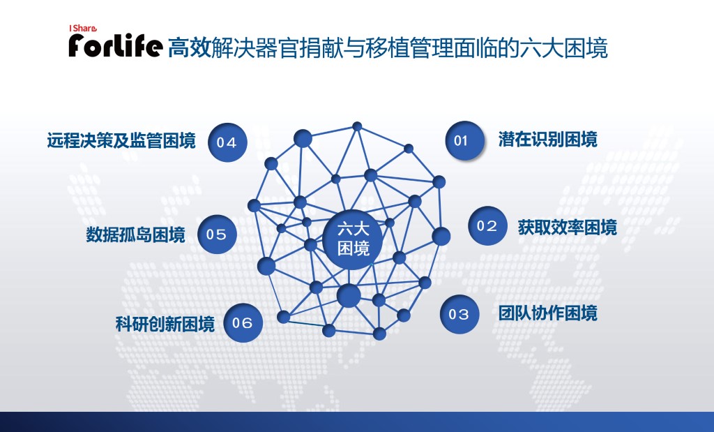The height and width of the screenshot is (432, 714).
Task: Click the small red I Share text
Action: (x=82, y=28)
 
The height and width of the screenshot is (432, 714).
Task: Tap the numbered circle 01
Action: (x=464, y=140)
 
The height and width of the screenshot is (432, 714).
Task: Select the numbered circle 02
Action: (x=487, y=225)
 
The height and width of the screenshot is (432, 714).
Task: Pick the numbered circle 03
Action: (x=459, y=314)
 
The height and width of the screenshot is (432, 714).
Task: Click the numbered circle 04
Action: (x=227, y=142)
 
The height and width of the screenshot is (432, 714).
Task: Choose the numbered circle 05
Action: (x=218, y=234)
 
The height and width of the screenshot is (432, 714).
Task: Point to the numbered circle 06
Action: (x=243, y=322)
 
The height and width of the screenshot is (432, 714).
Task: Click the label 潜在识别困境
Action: (x=547, y=140)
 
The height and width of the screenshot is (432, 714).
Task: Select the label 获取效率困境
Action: (x=568, y=228)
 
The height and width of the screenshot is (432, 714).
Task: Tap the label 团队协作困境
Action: (x=547, y=313)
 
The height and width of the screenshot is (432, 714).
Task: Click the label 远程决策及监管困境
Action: (x=121, y=140)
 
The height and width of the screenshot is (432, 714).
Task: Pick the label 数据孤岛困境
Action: (x=136, y=234)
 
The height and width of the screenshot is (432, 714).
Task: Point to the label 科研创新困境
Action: (x=165, y=324)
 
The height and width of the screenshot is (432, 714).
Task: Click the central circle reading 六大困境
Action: (x=352, y=239)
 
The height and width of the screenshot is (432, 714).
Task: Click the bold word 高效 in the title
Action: (x=190, y=48)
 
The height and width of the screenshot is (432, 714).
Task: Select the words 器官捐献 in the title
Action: (x=298, y=48)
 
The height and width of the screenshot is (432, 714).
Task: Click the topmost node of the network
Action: (x=358, y=126)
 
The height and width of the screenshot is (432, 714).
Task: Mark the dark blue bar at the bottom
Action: (x=357, y=422)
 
